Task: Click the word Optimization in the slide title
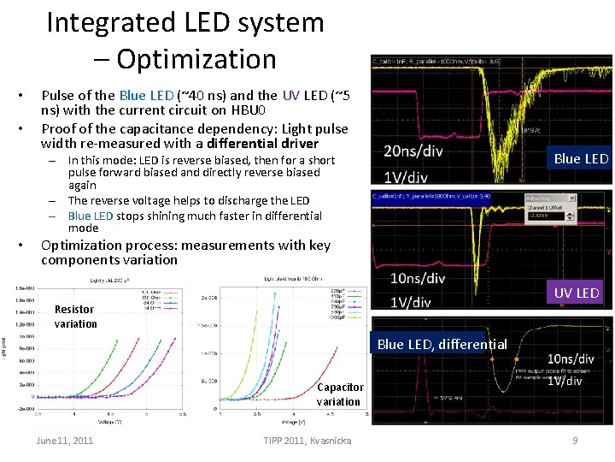196,58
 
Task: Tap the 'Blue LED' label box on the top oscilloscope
581,158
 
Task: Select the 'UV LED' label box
577,293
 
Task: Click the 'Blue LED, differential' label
442,344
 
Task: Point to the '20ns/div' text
413,151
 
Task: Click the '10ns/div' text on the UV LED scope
418,279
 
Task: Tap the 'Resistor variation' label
76,316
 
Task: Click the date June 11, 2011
65,441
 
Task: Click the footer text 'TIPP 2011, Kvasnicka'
308,441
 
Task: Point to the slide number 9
576,441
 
